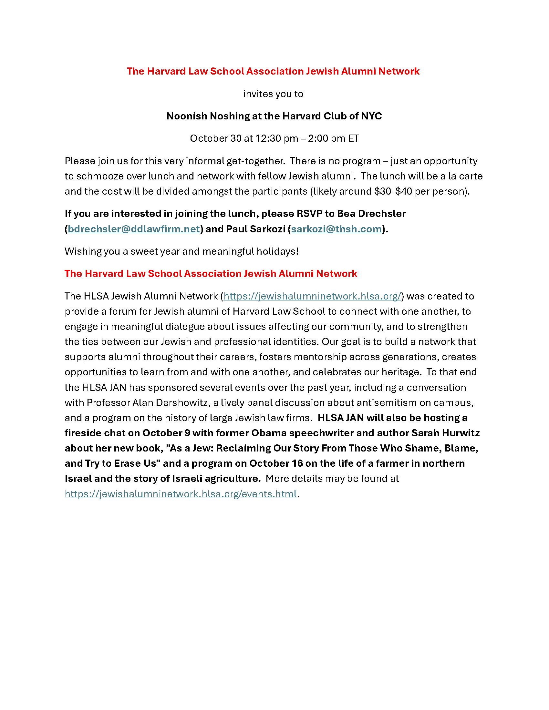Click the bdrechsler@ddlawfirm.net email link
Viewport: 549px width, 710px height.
[x=134, y=229]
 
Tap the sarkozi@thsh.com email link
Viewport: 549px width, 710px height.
[x=336, y=229]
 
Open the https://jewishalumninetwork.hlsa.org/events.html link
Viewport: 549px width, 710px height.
[x=181, y=494]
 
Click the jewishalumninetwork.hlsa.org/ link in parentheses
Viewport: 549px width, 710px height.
[x=312, y=296]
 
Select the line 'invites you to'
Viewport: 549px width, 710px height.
[x=273, y=94]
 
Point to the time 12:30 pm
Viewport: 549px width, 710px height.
[x=276, y=138]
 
